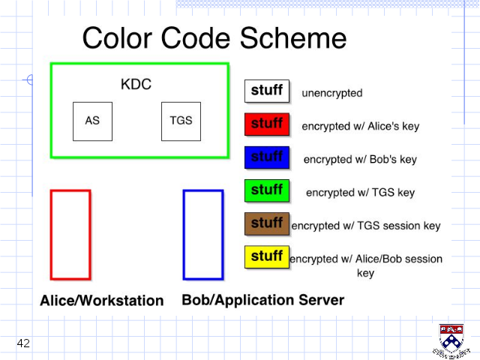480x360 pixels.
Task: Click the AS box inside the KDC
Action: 92,121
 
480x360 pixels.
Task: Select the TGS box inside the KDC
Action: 181,121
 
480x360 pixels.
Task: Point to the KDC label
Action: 136,84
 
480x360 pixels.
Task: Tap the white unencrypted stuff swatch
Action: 267,91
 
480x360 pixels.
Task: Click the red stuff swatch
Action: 267,124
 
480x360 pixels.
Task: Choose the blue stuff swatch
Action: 267,157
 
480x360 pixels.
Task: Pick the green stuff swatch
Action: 267,190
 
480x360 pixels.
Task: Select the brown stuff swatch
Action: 267,223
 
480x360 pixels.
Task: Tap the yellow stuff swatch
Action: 267,256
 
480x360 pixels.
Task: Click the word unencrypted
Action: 332,93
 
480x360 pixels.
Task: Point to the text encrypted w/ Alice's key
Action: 361,126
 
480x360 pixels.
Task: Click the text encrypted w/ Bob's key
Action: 360,159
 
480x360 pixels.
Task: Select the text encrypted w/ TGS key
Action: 361,193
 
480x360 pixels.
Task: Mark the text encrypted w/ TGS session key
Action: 366,226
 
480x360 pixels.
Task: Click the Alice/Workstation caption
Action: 102,301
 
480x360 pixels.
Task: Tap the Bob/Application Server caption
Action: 263,300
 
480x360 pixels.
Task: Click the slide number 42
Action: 23,343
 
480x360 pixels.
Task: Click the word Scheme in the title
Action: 293,38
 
